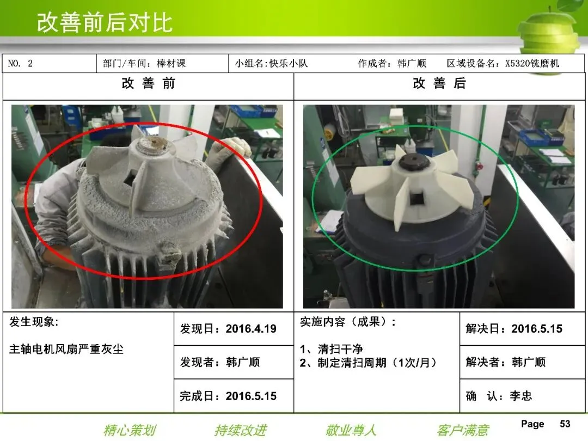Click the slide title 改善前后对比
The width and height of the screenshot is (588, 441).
coord(105,22)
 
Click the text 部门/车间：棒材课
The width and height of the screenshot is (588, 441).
coord(144,63)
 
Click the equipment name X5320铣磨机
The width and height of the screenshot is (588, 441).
coord(532,63)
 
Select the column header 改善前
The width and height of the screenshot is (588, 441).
coord(149,83)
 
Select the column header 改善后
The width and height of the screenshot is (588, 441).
coord(439,83)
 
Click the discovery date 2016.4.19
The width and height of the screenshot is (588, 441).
coord(251,329)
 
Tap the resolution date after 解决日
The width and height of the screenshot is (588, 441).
coord(537,329)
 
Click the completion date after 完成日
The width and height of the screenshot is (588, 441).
coord(251,396)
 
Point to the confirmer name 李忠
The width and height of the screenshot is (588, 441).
coord(521,396)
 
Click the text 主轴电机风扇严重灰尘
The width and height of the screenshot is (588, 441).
coord(66,349)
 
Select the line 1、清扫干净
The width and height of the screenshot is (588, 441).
coord(332,349)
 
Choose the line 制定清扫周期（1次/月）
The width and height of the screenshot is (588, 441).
coord(377,363)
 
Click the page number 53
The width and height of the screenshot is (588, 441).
coord(565,424)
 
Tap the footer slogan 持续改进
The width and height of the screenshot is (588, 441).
coord(241,430)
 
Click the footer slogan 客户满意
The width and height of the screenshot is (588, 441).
coord(463,430)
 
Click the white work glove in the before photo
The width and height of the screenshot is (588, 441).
coord(230,149)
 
